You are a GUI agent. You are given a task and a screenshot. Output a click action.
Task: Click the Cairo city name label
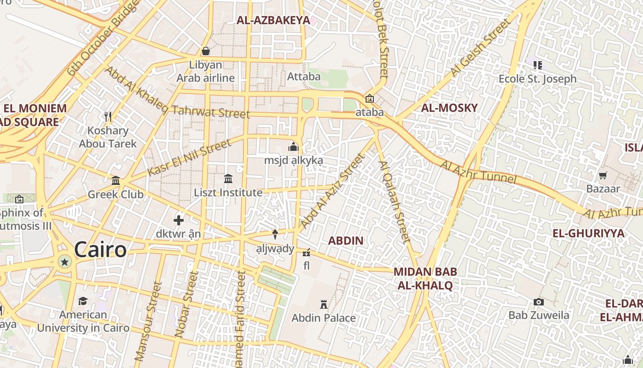pos(100,250)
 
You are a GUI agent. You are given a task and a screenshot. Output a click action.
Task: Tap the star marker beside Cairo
pos(65,262)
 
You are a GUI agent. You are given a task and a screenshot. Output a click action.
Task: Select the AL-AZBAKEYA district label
pos(273,20)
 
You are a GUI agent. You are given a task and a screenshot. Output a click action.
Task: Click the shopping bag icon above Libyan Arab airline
pos(206,51)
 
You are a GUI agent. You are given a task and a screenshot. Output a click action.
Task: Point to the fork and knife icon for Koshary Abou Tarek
pos(108,117)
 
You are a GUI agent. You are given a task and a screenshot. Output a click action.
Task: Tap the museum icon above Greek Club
pos(116,180)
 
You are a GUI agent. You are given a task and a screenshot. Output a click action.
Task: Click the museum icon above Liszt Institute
pos(228,178)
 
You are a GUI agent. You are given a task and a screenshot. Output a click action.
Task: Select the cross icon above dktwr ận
pos(179,220)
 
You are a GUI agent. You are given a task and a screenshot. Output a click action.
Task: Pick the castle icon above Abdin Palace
pos(324,304)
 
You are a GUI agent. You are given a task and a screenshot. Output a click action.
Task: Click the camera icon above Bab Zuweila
pos(539,302)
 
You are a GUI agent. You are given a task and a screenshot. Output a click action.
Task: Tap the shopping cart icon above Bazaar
pos(603,175)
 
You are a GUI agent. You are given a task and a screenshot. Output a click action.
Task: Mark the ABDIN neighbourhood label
pos(346,241)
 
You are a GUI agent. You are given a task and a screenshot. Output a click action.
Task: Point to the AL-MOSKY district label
pos(449,108)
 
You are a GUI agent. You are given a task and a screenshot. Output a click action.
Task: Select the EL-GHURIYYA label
pos(588,233)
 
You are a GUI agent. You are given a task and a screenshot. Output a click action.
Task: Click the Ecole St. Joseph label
pos(537,79)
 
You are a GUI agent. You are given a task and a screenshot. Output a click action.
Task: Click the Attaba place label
pos(304,76)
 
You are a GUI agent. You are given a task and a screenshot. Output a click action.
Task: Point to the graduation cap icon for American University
pos(83,301)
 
